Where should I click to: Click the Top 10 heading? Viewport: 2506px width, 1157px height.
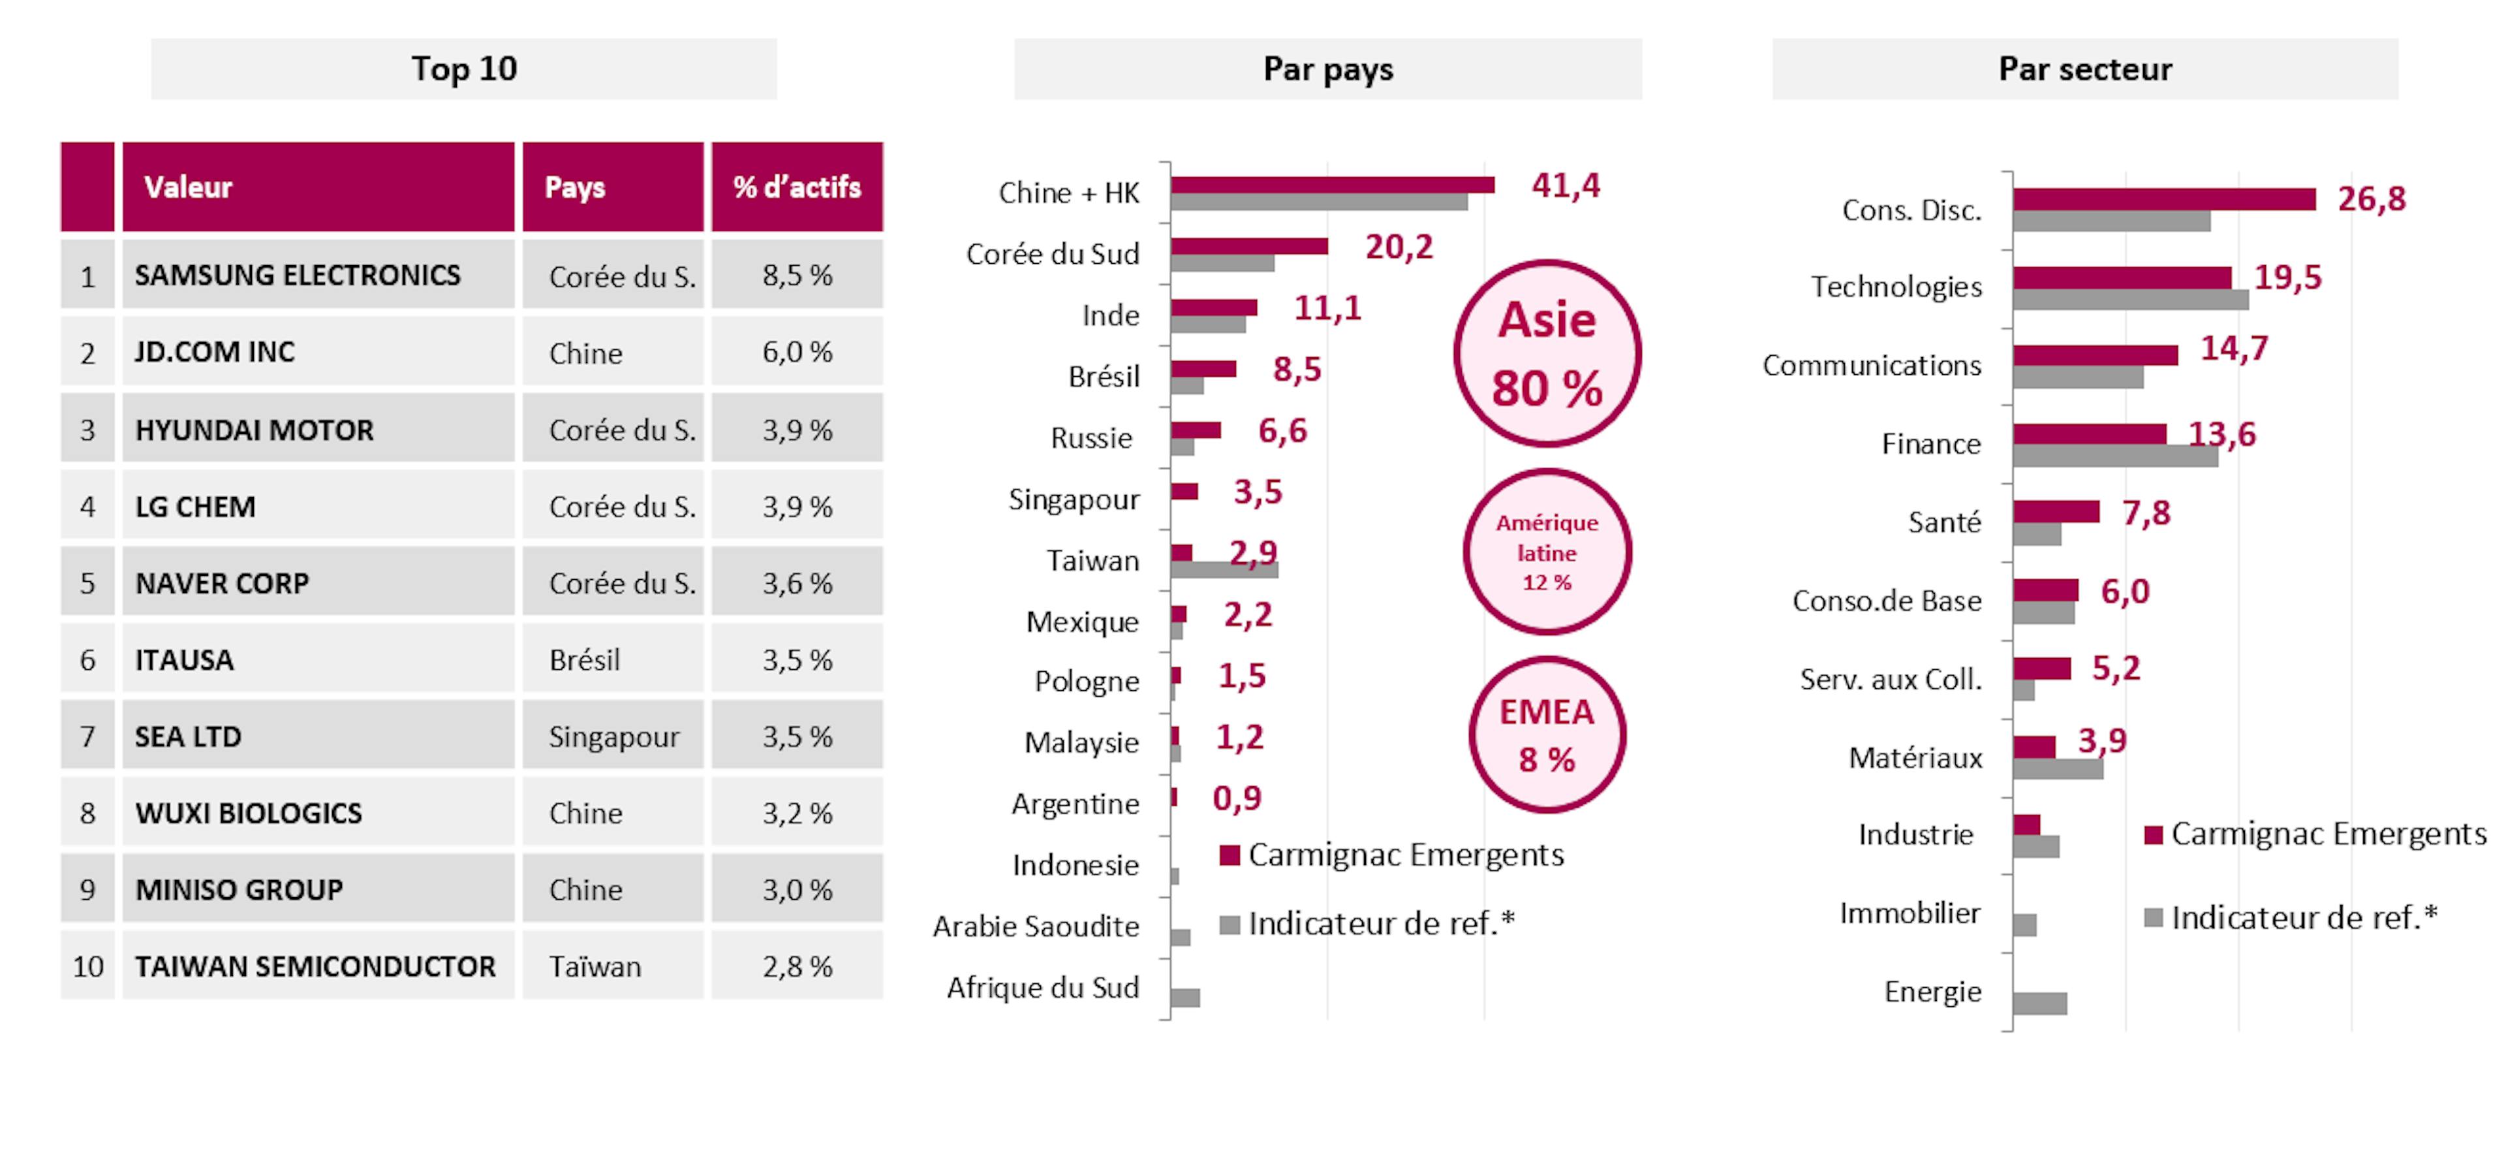(x=464, y=69)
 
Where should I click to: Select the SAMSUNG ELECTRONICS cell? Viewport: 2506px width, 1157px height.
(x=298, y=276)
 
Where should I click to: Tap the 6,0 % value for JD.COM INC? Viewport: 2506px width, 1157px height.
(x=797, y=352)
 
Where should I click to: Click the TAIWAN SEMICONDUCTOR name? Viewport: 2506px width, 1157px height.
(x=315, y=966)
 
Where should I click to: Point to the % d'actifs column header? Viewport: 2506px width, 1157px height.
(x=797, y=187)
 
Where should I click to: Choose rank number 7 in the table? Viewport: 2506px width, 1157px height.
(x=87, y=737)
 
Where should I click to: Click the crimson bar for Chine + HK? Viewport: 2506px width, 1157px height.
(x=1332, y=185)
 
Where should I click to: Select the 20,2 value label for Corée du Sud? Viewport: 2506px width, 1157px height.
(x=1399, y=247)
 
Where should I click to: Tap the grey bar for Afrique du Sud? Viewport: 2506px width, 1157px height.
(x=1185, y=998)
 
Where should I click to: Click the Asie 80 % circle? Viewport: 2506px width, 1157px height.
(x=1547, y=353)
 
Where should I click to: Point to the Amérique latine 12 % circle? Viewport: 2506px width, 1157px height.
(x=1547, y=552)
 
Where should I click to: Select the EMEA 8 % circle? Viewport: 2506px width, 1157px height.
(x=1547, y=735)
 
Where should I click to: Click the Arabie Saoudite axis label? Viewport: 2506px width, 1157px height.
(x=1036, y=927)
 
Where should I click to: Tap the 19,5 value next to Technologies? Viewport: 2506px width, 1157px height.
(x=2288, y=278)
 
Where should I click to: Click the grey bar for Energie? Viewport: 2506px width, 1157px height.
(x=2040, y=1004)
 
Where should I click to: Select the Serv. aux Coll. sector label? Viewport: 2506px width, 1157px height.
(x=1890, y=679)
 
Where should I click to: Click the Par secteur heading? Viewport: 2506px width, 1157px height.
(x=2085, y=69)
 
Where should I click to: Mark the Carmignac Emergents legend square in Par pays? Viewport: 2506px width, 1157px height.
(x=1230, y=855)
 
